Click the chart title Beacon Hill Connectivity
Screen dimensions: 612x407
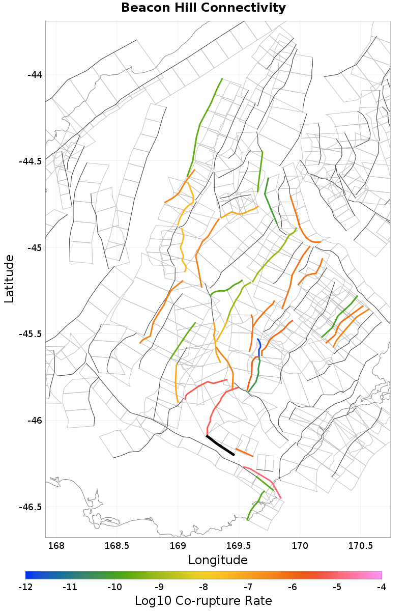(x=203, y=8)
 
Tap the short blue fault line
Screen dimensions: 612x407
(x=259, y=347)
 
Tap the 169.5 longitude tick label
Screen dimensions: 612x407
(x=239, y=546)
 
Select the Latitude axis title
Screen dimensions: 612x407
(x=9, y=279)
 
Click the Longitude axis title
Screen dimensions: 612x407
(x=218, y=561)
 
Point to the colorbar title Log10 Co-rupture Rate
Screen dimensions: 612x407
(x=203, y=601)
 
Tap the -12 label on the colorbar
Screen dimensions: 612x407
(x=25, y=587)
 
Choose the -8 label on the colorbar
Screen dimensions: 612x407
(x=203, y=587)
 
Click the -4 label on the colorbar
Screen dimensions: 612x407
(x=382, y=587)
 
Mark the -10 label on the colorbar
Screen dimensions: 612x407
(x=114, y=587)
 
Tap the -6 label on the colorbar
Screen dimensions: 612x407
(x=293, y=587)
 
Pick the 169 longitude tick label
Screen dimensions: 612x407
(x=178, y=546)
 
